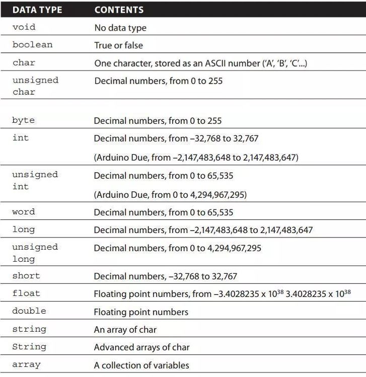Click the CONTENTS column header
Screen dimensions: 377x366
tap(119, 10)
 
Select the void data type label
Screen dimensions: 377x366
tap(24, 27)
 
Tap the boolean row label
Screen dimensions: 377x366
tap(32, 45)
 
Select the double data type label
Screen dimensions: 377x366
tap(29, 311)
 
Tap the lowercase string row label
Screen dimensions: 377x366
tap(29, 329)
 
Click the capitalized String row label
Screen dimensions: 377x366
tap(29, 347)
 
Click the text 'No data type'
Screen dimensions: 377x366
tap(120, 28)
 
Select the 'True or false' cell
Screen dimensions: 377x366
tap(119, 45)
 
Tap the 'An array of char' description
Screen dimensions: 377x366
tap(125, 330)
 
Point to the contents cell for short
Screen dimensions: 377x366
tap(166, 276)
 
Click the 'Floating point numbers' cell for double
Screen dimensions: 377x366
tap(141, 312)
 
